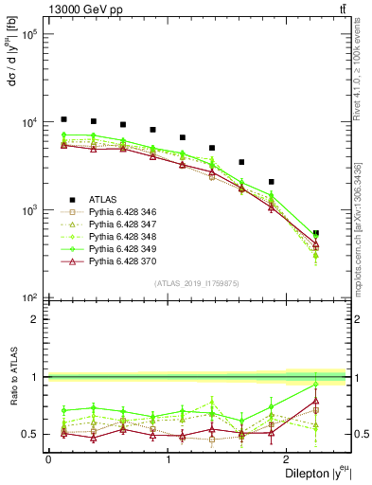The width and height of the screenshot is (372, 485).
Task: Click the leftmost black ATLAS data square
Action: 63,119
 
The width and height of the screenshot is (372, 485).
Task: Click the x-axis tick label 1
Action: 168,459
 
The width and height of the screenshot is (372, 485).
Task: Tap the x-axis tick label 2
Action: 289,459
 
